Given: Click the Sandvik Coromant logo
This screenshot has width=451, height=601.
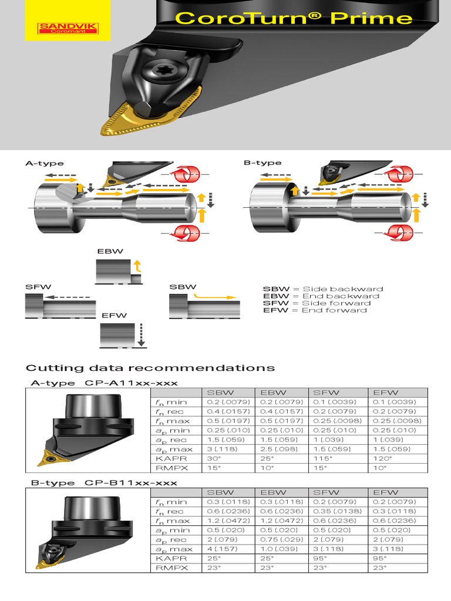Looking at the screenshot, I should coord(68,28).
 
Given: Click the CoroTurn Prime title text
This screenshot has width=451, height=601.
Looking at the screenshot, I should coord(294,18).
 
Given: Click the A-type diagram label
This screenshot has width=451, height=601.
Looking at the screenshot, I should coord(44,163).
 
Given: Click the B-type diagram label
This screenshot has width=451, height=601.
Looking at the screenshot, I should coord(262,163).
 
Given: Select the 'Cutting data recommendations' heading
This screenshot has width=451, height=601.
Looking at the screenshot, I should coord(150,368).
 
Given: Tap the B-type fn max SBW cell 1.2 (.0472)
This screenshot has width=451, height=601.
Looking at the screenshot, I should coord(228,521).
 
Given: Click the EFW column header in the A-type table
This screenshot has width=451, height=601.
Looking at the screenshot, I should coord(385,392).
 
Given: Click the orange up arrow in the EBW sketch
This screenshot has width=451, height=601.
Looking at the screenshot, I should coord(137,266).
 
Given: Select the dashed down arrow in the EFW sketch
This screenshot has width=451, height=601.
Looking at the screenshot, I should coord(141,334).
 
